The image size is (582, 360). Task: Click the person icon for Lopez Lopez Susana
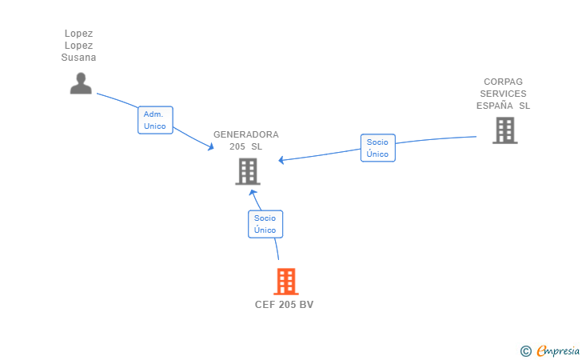(x=81, y=83)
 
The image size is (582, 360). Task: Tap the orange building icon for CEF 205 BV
(x=286, y=282)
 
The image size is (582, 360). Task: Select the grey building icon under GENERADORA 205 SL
(x=248, y=172)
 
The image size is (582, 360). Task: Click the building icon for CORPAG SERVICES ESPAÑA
(x=505, y=130)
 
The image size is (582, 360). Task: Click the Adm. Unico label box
(x=155, y=120)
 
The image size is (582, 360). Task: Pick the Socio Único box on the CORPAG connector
(x=378, y=148)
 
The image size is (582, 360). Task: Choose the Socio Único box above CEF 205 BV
(x=265, y=224)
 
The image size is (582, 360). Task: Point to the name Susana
(x=78, y=58)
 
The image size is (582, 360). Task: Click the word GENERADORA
(x=246, y=134)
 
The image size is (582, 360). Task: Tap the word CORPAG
(x=504, y=82)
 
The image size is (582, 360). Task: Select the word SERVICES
(x=504, y=94)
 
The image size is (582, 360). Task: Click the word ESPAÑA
(x=495, y=106)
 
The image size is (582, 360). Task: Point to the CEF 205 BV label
(x=285, y=305)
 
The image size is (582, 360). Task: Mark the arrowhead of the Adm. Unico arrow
(x=211, y=147)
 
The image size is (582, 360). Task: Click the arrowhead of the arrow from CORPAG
(x=281, y=160)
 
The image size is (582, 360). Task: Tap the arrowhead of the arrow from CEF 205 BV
(x=253, y=193)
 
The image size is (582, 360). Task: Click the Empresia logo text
(x=558, y=351)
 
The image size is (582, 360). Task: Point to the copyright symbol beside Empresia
(x=526, y=351)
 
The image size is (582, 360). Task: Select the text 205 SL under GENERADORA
(x=245, y=146)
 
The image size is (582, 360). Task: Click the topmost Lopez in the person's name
(x=78, y=34)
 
